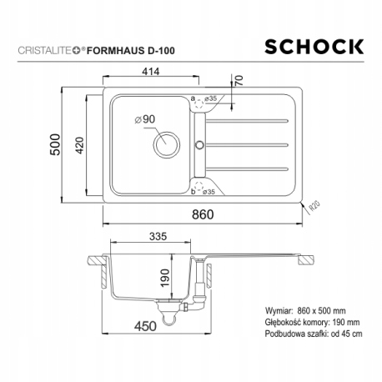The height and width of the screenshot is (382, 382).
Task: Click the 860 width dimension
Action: coord(203,214)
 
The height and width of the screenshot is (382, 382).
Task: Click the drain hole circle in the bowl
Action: coord(164,145)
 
